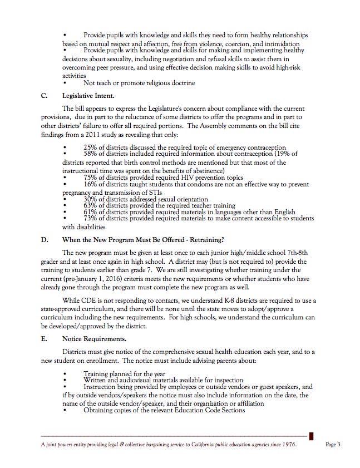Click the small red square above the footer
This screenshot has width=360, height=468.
(312, 436)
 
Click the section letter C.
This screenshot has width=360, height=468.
(45, 95)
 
